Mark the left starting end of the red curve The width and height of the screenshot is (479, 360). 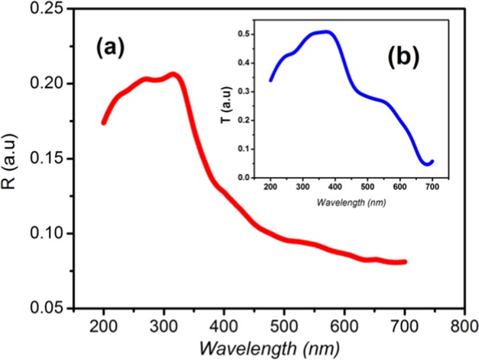pyautogui.click(x=103, y=122)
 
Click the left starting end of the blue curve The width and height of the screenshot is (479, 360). pyautogui.click(x=271, y=80)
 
